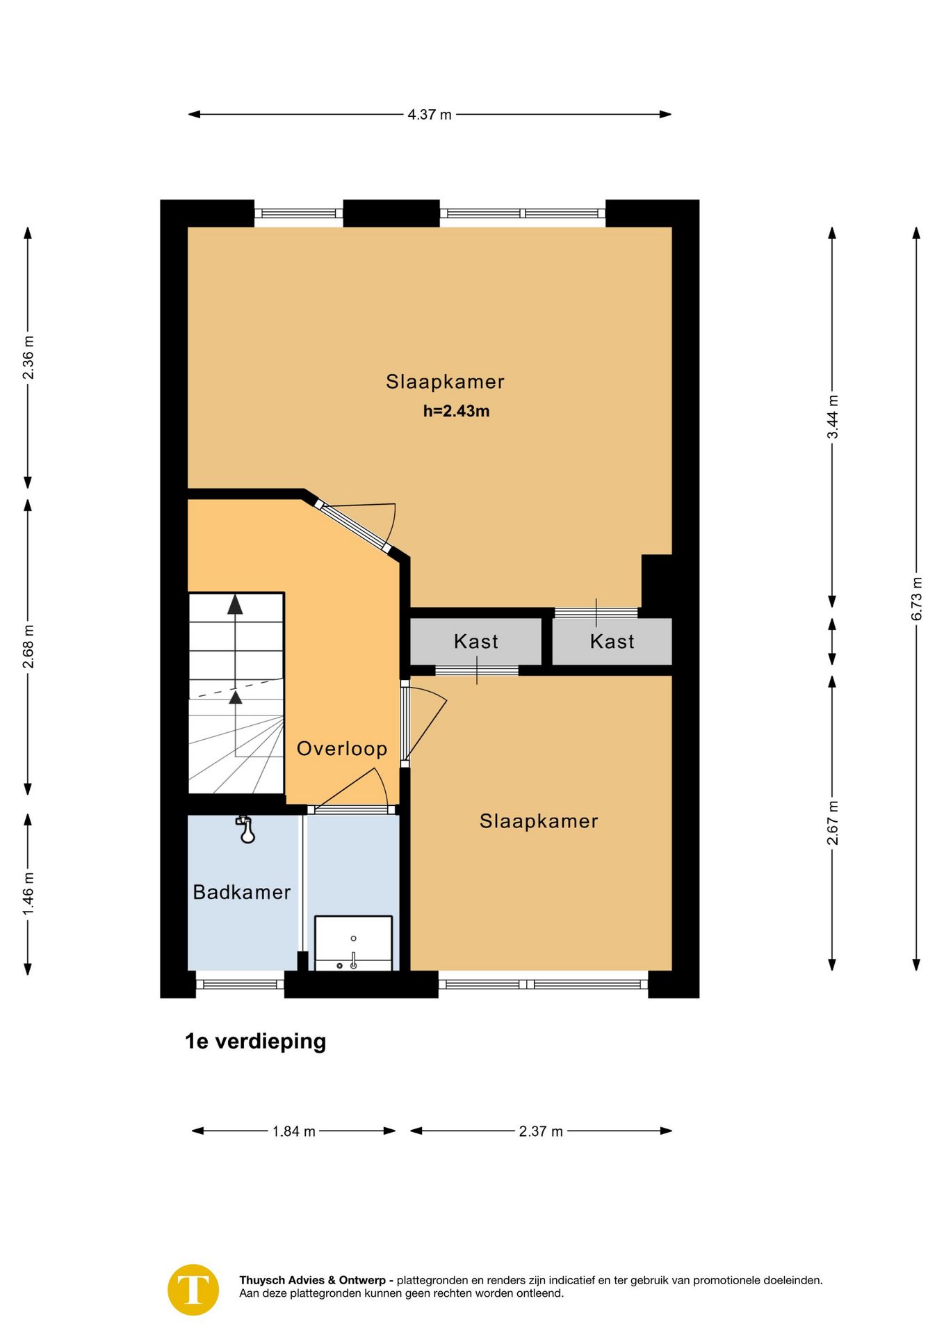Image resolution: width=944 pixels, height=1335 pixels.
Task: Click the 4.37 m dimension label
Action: tap(430, 115)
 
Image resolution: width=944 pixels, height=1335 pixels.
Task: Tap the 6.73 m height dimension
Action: tap(916, 599)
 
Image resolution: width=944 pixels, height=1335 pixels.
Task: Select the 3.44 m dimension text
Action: tap(832, 417)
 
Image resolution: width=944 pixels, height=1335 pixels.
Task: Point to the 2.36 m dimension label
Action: tap(28, 357)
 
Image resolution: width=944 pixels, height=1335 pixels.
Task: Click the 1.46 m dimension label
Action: tap(28, 894)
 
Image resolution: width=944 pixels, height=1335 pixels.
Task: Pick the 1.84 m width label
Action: tap(294, 1131)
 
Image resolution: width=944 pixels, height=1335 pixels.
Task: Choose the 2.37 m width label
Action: tap(541, 1131)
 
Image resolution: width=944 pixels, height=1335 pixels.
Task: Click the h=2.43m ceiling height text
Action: tap(457, 411)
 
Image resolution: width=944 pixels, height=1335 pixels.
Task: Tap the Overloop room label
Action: tap(342, 749)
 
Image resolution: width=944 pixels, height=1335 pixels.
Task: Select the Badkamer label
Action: tap(242, 892)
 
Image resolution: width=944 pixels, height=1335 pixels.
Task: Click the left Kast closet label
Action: tap(476, 641)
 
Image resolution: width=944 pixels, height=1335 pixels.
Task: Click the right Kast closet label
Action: tap(612, 641)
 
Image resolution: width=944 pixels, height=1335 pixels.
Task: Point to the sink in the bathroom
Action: tap(354, 944)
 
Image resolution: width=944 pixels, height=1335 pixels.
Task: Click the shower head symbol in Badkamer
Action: tap(246, 830)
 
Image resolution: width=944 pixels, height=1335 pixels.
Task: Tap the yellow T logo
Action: tap(193, 1290)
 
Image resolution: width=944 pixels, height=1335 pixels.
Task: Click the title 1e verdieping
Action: tap(256, 1041)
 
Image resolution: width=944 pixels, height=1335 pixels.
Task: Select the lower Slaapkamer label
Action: tap(539, 821)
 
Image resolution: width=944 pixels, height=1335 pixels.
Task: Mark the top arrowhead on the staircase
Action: tap(236, 604)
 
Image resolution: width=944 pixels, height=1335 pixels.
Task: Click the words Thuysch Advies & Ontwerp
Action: tap(312, 1280)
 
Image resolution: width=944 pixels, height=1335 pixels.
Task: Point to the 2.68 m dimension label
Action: tap(28, 647)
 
